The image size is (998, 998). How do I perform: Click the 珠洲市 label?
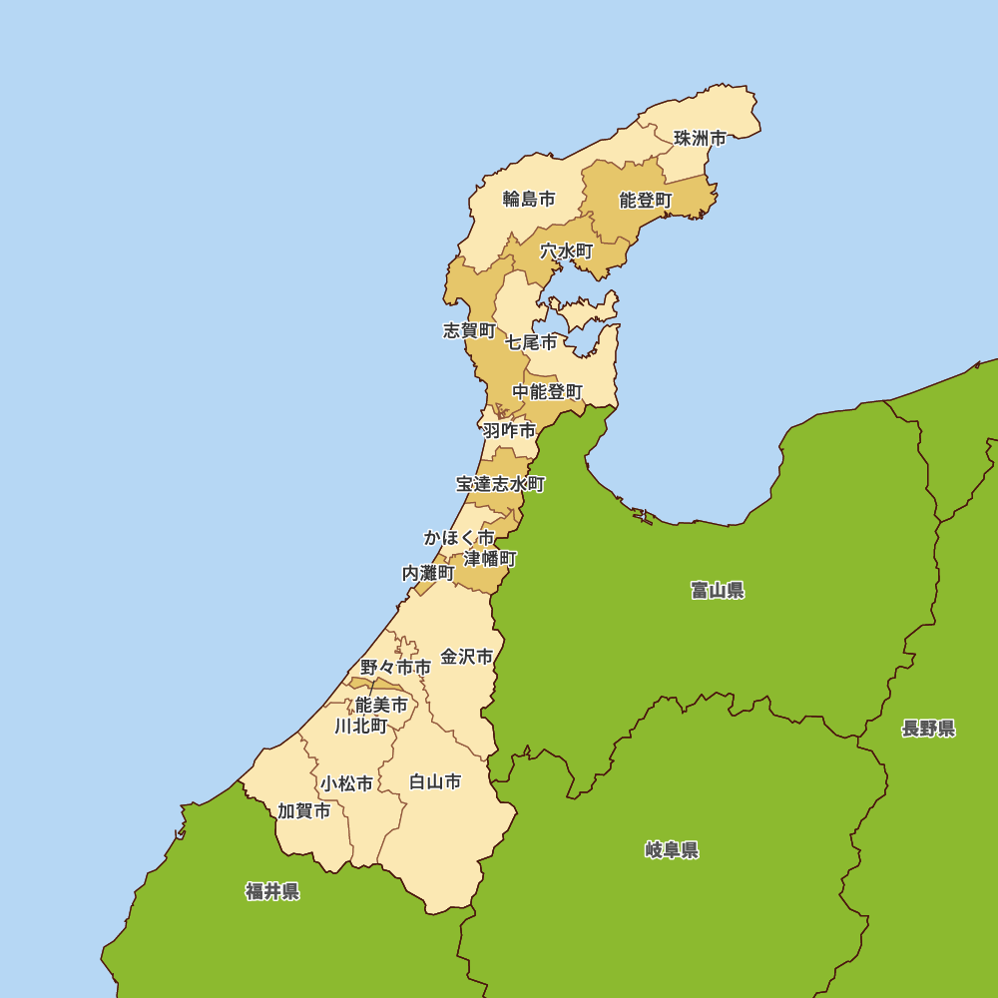pyautogui.click(x=700, y=139)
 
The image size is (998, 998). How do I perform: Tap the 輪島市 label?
pyautogui.click(x=528, y=199)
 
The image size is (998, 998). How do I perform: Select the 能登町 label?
pyautogui.click(x=646, y=201)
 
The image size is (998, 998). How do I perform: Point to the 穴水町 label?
pyautogui.click(x=567, y=251)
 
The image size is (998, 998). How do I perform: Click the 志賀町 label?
pyautogui.click(x=469, y=330)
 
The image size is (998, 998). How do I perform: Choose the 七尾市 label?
pyautogui.click(x=531, y=342)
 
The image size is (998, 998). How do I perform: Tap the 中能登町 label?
pyautogui.click(x=547, y=392)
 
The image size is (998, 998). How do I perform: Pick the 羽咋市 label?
pyautogui.click(x=509, y=431)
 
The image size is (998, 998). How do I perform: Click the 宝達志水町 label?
pyautogui.click(x=501, y=484)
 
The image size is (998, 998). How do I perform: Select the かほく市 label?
pyautogui.click(x=459, y=538)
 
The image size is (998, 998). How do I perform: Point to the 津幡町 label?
pyautogui.click(x=490, y=558)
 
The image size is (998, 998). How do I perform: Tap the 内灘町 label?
pyautogui.click(x=428, y=573)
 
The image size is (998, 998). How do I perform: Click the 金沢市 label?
pyautogui.click(x=467, y=657)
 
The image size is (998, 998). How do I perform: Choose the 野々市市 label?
pyautogui.click(x=396, y=667)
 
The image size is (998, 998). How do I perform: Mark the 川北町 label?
pyautogui.click(x=361, y=726)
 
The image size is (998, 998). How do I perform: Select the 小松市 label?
pyautogui.click(x=346, y=784)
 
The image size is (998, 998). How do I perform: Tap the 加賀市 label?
pyautogui.click(x=304, y=811)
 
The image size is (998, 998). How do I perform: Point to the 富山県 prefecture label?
pyautogui.click(x=718, y=590)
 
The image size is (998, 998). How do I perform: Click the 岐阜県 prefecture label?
pyautogui.click(x=672, y=850)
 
